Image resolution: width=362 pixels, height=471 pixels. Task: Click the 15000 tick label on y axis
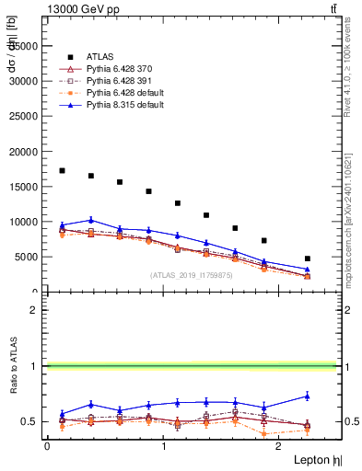point(23,187)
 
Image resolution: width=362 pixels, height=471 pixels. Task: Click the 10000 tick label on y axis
point(23,222)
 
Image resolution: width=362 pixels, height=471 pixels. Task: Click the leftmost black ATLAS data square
point(62,170)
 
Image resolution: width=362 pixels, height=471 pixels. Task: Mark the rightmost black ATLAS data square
point(308,258)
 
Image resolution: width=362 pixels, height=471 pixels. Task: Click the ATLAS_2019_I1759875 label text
point(191,275)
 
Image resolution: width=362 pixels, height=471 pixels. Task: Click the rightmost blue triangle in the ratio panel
point(308,396)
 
